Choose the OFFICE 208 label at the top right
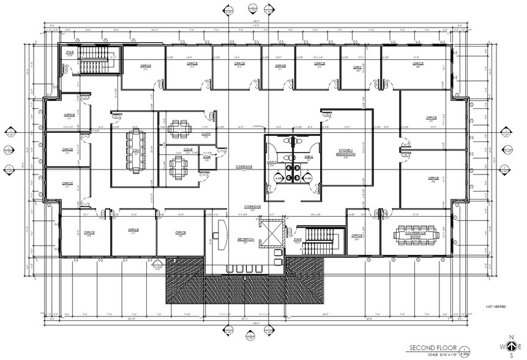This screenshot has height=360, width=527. click(418, 64)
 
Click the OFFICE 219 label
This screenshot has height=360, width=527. click(134, 231)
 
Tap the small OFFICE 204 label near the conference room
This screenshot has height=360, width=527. click(357, 236)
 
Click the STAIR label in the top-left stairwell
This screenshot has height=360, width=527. click(70, 53)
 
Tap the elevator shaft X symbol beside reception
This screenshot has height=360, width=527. click(269, 233)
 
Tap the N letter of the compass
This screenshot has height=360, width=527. click(511, 337)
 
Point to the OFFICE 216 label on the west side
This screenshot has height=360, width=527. click(69, 150)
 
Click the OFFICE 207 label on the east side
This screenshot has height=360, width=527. click(432, 118)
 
